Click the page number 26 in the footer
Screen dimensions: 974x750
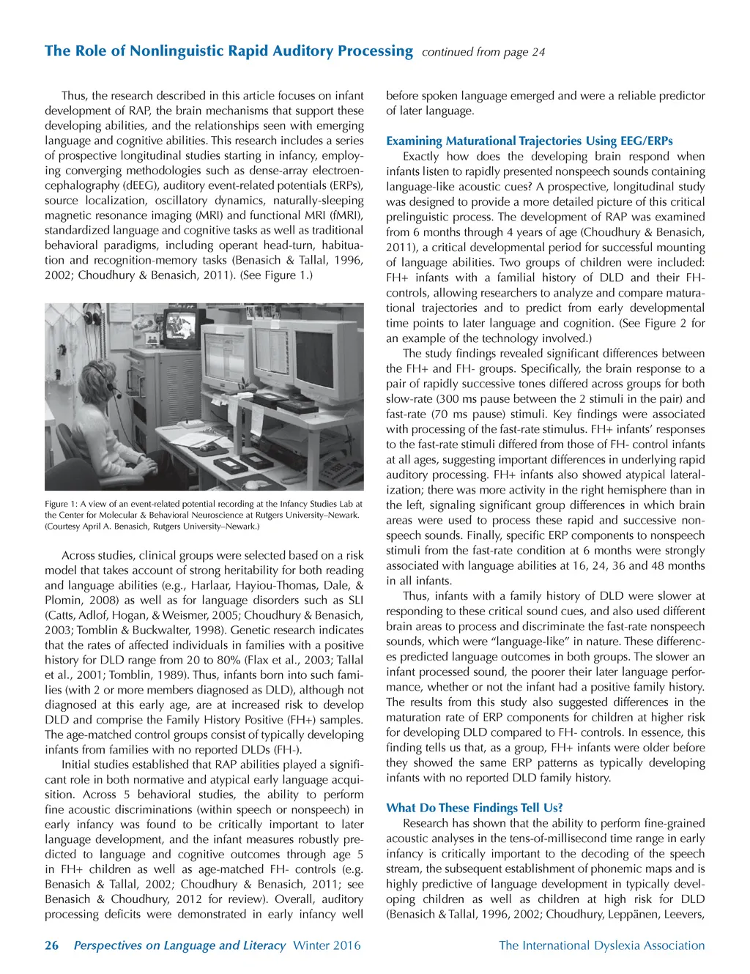[x=51, y=945]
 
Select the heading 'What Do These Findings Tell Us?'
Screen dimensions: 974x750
[x=474, y=808]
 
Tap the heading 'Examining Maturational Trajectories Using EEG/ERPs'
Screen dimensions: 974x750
[x=529, y=141]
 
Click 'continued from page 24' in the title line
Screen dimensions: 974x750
[x=483, y=52]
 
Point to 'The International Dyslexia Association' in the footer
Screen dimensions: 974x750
[x=601, y=945]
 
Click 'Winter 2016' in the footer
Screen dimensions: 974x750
[x=327, y=945]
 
